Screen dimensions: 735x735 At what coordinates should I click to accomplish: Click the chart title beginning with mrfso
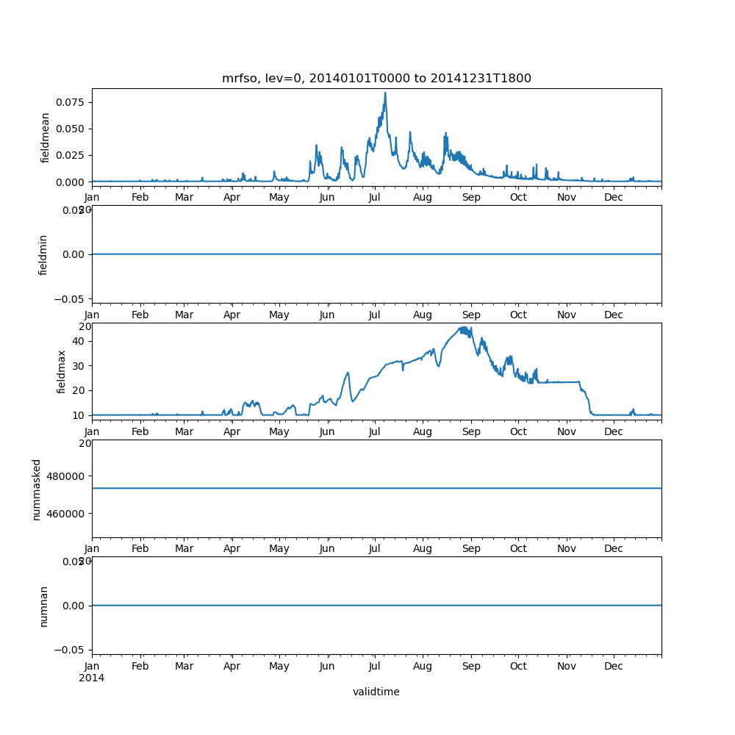point(376,79)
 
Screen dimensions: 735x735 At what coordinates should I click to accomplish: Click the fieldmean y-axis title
point(46,137)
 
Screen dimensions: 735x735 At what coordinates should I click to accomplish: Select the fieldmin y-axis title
point(43,254)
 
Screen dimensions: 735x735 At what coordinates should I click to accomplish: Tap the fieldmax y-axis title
point(62,371)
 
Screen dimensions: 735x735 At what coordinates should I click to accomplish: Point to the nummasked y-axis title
point(37,490)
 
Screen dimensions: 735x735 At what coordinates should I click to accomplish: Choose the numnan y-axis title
point(43,606)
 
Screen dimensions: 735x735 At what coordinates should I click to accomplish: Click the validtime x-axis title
point(376,692)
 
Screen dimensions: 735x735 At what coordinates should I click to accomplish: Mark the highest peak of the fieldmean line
point(385,93)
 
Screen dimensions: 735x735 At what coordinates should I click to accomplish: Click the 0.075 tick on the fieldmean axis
point(72,102)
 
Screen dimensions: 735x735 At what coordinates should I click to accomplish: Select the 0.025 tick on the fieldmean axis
point(72,155)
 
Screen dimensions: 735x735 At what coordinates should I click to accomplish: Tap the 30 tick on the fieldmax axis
point(77,365)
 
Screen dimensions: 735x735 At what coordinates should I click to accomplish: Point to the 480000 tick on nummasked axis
point(62,476)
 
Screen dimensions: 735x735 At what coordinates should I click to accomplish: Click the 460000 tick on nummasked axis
point(62,513)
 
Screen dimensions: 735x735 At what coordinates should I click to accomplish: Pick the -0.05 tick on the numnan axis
point(70,650)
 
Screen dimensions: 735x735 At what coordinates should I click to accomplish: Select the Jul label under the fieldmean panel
point(375,197)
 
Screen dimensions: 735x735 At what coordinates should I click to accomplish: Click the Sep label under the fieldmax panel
point(471,432)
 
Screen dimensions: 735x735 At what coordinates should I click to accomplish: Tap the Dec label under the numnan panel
point(614,666)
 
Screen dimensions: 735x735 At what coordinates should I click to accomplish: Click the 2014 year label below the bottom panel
point(92,678)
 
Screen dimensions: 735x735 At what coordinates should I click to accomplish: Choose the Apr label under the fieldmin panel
point(232,315)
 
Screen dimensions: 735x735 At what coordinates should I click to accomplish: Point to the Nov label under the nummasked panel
point(567,549)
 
